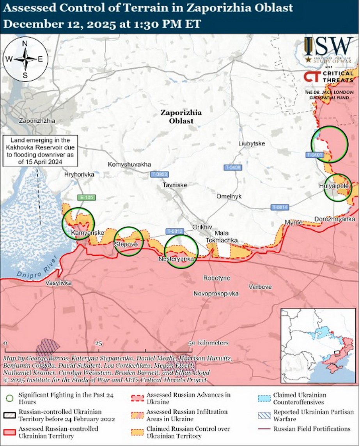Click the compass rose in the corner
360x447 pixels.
[x=24, y=59]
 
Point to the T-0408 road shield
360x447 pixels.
[x=233, y=168]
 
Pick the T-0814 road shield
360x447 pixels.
[x=280, y=207]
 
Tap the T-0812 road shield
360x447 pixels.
[x=174, y=231]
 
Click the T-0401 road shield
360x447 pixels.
[x=314, y=155]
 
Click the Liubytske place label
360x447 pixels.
[x=252, y=144]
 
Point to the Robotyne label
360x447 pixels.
[x=216, y=278]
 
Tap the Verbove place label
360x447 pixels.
[x=260, y=287]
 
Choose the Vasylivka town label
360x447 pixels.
[x=59, y=283]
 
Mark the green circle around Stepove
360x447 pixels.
[x=129, y=242]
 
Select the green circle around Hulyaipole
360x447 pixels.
[x=338, y=187]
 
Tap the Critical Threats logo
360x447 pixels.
[x=328, y=77]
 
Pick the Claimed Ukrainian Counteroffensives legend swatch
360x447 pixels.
[x=264, y=398]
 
